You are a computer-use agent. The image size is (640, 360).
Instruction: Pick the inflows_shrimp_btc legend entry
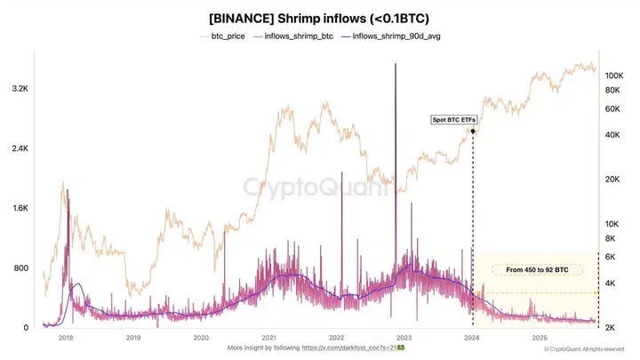click(294, 37)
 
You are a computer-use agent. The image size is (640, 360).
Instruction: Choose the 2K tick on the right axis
click(612, 328)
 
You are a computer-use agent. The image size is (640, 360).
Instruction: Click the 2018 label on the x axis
click(65, 338)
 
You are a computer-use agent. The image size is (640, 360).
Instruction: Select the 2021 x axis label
click(268, 338)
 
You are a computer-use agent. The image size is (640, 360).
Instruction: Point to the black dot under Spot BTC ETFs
click(473, 132)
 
